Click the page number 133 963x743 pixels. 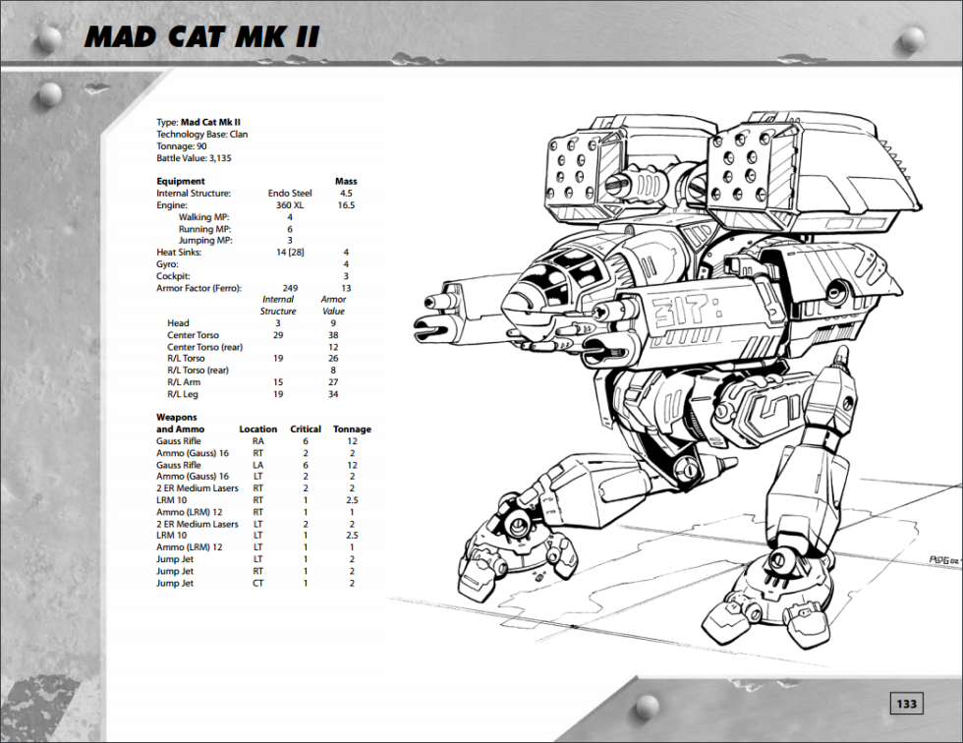point(906,704)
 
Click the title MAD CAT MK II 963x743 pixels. point(202,37)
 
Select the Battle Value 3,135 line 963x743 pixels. point(194,158)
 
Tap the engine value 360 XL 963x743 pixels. point(289,205)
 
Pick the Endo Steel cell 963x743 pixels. point(289,194)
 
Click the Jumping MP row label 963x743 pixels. point(205,240)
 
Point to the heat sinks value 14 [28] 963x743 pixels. point(290,252)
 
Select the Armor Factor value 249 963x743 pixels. point(290,288)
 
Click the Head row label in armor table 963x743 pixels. point(178,323)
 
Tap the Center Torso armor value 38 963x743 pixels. point(333,335)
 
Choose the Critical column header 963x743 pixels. point(306,429)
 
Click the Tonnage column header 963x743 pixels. point(352,429)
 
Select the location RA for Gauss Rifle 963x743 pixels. point(257,441)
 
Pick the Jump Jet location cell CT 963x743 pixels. point(257,583)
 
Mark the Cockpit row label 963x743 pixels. point(173,276)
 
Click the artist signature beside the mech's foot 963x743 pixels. point(944,560)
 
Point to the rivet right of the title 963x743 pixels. point(912,39)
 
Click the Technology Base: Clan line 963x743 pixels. point(202,134)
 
